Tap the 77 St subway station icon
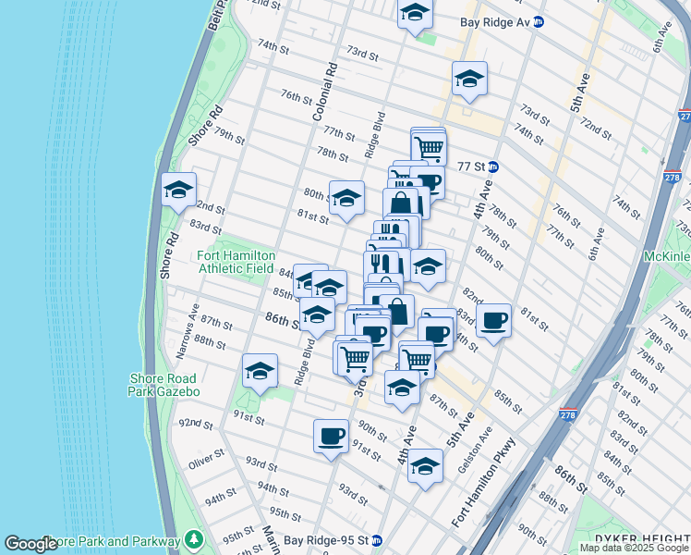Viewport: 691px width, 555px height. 493,167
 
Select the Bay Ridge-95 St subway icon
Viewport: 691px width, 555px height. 377,540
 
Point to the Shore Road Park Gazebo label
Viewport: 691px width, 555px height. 164,384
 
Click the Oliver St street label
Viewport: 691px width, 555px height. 206,462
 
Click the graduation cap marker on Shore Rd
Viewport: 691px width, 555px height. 178,191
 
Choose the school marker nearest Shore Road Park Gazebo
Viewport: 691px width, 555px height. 261,372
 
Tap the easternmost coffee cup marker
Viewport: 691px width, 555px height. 494,321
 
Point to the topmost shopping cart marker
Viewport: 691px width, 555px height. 428,146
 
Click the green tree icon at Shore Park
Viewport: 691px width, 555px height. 194,538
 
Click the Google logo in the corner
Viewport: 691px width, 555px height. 30,544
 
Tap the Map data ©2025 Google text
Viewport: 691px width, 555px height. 633,548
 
